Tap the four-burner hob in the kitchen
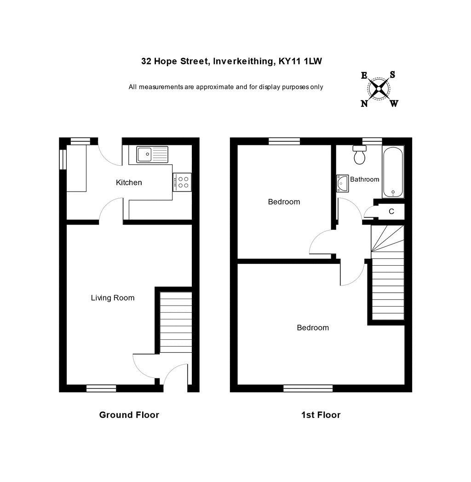pyautogui.click(x=182, y=182)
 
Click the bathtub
pyautogui.click(x=393, y=172)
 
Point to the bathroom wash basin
pyautogui.click(x=342, y=183)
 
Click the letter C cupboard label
pyautogui.click(x=391, y=212)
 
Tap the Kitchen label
pyautogui.click(x=129, y=183)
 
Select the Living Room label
pyautogui.click(x=113, y=298)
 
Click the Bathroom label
pyautogui.click(x=365, y=179)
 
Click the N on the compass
pyautogui.click(x=364, y=104)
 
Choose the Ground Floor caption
pyautogui.click(x=129, y=415)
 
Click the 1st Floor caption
pyautogui.click(x=321, y=415)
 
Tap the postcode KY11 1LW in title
pyautogui.click(x=300, y=61)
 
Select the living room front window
pyautogui.click(x=101, y=389)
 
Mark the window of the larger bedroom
pyautogui.click(x=308, y=389)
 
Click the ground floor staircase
pyautogui.click(x=176, y=322)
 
